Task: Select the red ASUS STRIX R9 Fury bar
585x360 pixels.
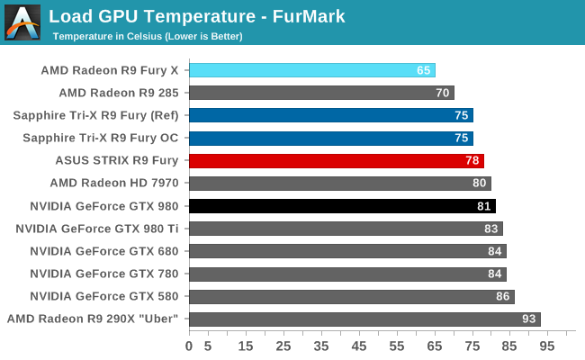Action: (337, 160)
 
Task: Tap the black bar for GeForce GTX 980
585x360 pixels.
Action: (342, 206)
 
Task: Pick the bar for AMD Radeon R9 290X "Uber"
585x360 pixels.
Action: (364, 319)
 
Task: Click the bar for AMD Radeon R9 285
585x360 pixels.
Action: (321, 93)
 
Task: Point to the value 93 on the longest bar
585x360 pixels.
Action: (529, 319)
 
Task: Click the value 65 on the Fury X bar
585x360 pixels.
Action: (424, 70)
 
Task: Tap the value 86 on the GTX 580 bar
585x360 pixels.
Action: (503, 296)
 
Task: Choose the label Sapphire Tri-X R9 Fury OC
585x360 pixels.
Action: (95, 138)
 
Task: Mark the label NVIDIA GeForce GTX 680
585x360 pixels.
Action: (104, 251)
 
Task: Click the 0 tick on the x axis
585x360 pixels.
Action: (189, 346)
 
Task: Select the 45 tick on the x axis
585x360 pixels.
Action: (359, 346)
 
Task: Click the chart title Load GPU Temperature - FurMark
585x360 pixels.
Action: (197, 16)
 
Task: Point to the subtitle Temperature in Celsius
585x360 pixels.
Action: (148, 36)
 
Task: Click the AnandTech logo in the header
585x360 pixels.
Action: (22, 22)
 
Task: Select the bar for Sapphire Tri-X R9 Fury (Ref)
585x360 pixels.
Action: (331, 115)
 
